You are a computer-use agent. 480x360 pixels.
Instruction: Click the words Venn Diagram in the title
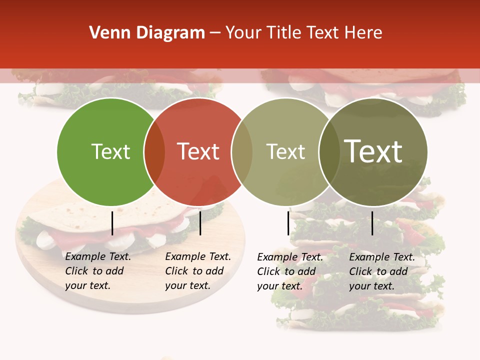[147, 33]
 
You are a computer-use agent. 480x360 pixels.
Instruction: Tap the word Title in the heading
[286, 33]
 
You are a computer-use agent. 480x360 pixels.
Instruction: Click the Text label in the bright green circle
[110, 152]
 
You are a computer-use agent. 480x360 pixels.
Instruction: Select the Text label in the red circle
[198, 152]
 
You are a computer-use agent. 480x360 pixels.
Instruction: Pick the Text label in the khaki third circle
[285, 152]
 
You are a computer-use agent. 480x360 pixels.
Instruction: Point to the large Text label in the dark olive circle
[373, 151]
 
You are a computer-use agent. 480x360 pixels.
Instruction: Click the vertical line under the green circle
[112, 223]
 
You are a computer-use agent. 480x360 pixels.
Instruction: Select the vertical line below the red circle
[200, 223]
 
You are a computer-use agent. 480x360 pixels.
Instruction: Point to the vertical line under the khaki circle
[288, 223]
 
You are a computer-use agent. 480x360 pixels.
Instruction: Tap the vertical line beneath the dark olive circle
[372, 223]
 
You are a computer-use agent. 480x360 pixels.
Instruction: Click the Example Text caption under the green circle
[98, 271]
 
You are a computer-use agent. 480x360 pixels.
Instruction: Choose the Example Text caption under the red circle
[198, 271]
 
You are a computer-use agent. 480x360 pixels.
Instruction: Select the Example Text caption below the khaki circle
[290, 271]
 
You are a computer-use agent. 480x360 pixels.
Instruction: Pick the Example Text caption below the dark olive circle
[382, 271]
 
